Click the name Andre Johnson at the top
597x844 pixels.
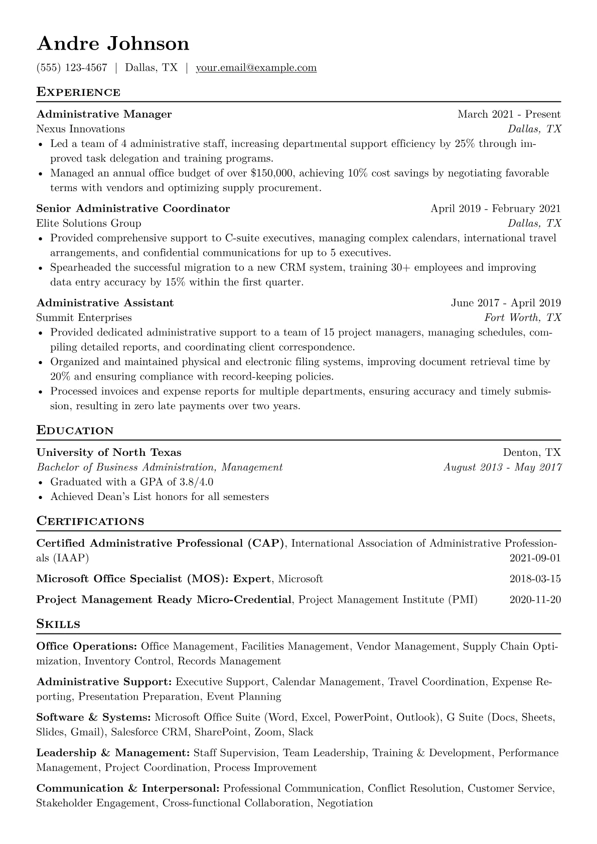coord(113,44)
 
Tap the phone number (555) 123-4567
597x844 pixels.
coord(72,68)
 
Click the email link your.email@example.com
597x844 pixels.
coord(256,68)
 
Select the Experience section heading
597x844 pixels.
coord(78,92)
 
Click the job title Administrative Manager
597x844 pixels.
coord(104,114)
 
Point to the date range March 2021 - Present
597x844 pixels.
coord(509,114)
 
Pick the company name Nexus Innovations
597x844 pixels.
coord(80,129)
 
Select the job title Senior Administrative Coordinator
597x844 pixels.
coord(133,209)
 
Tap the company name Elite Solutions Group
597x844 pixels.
coord(89,223)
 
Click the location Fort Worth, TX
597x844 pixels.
coord(522,317)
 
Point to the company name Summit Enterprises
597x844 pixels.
coord(84,317)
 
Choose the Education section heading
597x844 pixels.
coord(75,431)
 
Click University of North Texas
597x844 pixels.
coord(109,452)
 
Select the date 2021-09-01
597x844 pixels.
coord(535,558)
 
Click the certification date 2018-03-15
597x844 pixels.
coord(535,579)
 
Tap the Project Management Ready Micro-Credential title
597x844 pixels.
coord(164,600)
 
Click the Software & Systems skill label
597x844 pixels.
coord(93,718)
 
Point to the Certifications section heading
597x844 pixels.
coord(90,522)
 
